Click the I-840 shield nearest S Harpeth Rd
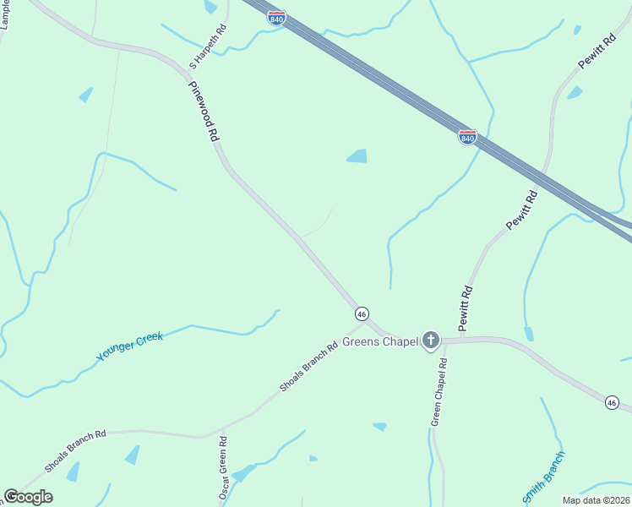coord(276,17)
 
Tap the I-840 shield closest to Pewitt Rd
coord(467,136)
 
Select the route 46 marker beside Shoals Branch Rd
coord(362,313)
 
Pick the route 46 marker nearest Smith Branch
coord(611,403)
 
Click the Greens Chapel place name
coord(379,342)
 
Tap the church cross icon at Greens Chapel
coord(431,341)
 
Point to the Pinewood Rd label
coord(204,111)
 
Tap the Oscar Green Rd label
coord(224,467)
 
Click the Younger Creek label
coord(129,347)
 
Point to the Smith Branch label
coord(543,477)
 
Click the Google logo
coord(28,497)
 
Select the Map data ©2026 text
coord(596,500)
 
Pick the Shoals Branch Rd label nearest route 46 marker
coord(309,367)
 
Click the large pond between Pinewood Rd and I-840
coord(357,156)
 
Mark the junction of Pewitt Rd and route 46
coord(462,340)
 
